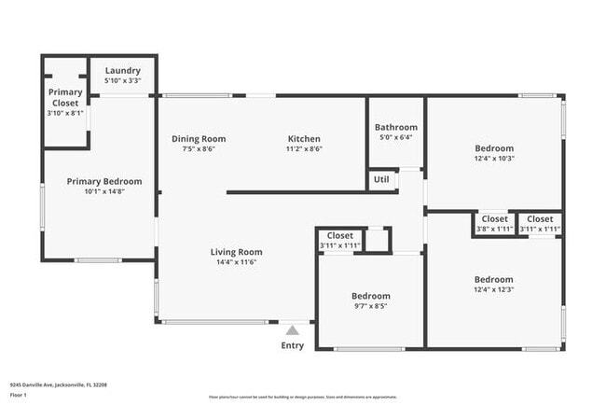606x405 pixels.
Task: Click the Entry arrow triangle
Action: [293, 329]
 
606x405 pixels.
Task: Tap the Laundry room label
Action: [123, 71]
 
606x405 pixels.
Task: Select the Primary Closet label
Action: [64, 97]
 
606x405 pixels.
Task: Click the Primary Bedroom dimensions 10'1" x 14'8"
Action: [104, 191]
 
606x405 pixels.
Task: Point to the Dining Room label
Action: [199, 139]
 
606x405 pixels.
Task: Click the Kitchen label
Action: [304, 139]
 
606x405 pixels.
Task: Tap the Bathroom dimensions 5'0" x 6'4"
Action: [395, 137]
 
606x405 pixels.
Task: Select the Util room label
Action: [381, 179]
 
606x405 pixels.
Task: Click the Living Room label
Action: [236, 252]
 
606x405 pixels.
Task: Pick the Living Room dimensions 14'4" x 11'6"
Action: [236, 262]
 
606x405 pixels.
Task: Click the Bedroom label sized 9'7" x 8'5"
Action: [371, 295]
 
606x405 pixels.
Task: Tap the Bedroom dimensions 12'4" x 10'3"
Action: [494, 159]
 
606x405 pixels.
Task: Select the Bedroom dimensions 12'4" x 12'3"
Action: [494, 289]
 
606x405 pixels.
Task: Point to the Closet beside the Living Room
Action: [340, 236]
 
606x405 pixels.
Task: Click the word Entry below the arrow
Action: [293, 346]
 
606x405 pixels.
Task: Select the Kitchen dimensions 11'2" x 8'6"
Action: [304, 148]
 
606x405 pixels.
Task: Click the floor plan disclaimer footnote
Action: [302, 397]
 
